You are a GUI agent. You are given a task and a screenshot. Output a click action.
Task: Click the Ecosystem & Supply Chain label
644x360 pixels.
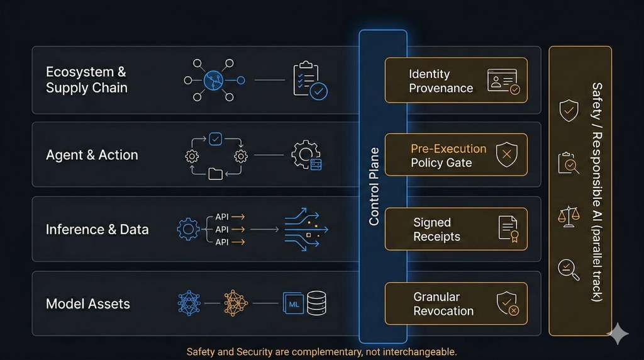click(87, 80)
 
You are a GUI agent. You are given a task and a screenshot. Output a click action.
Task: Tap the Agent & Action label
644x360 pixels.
click(92, 155)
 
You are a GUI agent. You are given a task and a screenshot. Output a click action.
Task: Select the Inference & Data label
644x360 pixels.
click(97, 229)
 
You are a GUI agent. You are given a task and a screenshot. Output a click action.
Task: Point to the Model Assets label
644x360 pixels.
click(88, 304)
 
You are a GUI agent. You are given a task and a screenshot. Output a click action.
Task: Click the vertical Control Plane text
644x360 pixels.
click(374, 187)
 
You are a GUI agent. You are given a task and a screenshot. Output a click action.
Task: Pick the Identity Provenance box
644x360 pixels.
click(455, 81)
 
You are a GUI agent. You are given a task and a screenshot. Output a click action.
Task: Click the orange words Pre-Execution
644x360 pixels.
click(448, 149)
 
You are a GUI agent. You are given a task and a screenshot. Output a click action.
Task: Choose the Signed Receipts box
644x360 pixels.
click(455, 229)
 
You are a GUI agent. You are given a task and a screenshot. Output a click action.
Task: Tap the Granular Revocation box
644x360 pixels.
click(455, 303)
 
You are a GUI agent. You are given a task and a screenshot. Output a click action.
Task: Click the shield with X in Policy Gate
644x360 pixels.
click(506, 155)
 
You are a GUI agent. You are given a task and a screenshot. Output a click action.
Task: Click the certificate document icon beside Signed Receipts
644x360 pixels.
click(508, 228)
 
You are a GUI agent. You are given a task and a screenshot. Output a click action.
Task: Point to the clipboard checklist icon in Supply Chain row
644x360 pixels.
click(309, 80)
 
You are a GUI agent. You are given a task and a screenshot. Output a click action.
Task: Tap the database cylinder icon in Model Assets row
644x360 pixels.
click(316, 303)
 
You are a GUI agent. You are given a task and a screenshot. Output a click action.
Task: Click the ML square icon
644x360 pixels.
click(293, 303)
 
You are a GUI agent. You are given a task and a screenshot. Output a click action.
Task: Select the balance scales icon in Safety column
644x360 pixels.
click(569, 216)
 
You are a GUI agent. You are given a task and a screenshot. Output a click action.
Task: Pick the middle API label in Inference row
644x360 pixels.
click(222, 229)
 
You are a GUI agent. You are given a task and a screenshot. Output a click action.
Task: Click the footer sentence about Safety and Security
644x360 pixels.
click(321, 352)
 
